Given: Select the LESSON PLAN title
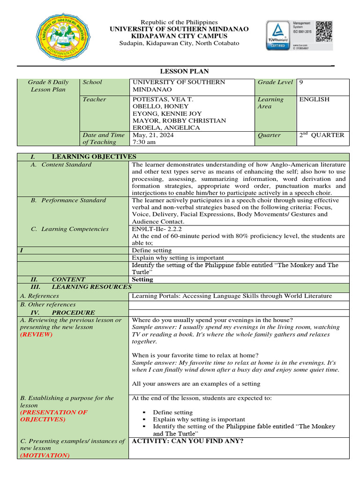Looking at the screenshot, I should pos(184,71).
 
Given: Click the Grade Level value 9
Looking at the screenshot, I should pos(301,82).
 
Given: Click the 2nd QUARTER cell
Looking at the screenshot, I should pos(322,135).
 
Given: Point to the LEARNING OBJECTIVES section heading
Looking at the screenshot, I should pos(94,157).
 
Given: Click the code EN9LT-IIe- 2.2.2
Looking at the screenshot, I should pos(161,229).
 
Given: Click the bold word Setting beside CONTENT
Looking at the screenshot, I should pos(142,279).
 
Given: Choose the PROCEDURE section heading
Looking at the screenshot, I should pos(73,312).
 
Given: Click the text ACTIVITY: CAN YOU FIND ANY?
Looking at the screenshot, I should pos(188,441).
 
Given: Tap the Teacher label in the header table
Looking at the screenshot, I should pos(94,99).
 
